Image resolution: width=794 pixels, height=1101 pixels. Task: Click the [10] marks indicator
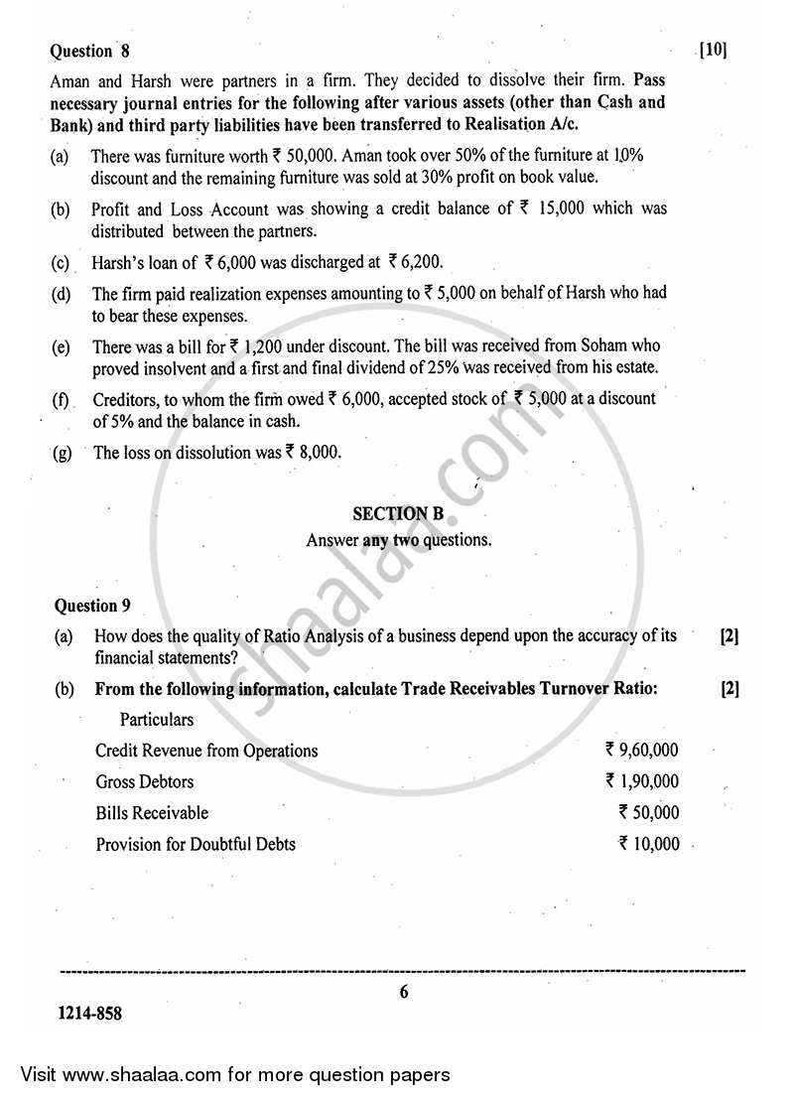click(x=713, y=50)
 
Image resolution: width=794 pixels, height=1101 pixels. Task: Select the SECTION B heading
click(x=398, y=513)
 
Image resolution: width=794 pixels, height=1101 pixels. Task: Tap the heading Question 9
click(x=91, y=605)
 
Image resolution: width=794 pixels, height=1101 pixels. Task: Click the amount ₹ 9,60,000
click(x=642, y=751)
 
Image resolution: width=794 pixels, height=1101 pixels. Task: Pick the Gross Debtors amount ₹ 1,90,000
click(x=642, y=781)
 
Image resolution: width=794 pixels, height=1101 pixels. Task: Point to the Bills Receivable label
click(x=152, y=813)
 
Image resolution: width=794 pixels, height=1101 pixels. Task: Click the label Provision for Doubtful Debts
click(x=196, y=845)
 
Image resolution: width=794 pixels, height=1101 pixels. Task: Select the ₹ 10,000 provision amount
click(x=648, y=845)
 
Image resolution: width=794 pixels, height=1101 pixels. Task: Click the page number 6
click(x=404, y=992)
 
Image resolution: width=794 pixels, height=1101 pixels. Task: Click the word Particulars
click(x=157, y=719)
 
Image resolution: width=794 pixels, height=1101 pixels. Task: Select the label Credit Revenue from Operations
click(x=206, y=751)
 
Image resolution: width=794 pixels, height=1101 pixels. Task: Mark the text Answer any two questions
click(x=398, y=540)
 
